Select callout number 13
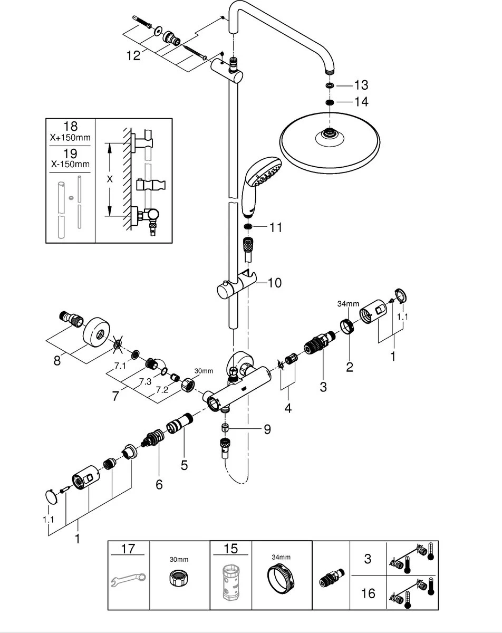tap(361, 85)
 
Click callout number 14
tap(361, 101)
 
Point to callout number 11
tap(275, 228)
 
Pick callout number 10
tap(274, 283)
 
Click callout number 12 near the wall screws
tap(133, 55)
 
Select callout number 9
tap(267, 429)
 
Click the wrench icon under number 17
tap(129, 582)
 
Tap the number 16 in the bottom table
tap(369, 593)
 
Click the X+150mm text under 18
tap(70, 138)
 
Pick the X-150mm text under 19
tap(70, 164)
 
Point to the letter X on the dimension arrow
tap(110, 179)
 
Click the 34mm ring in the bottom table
tap(281, 581)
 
